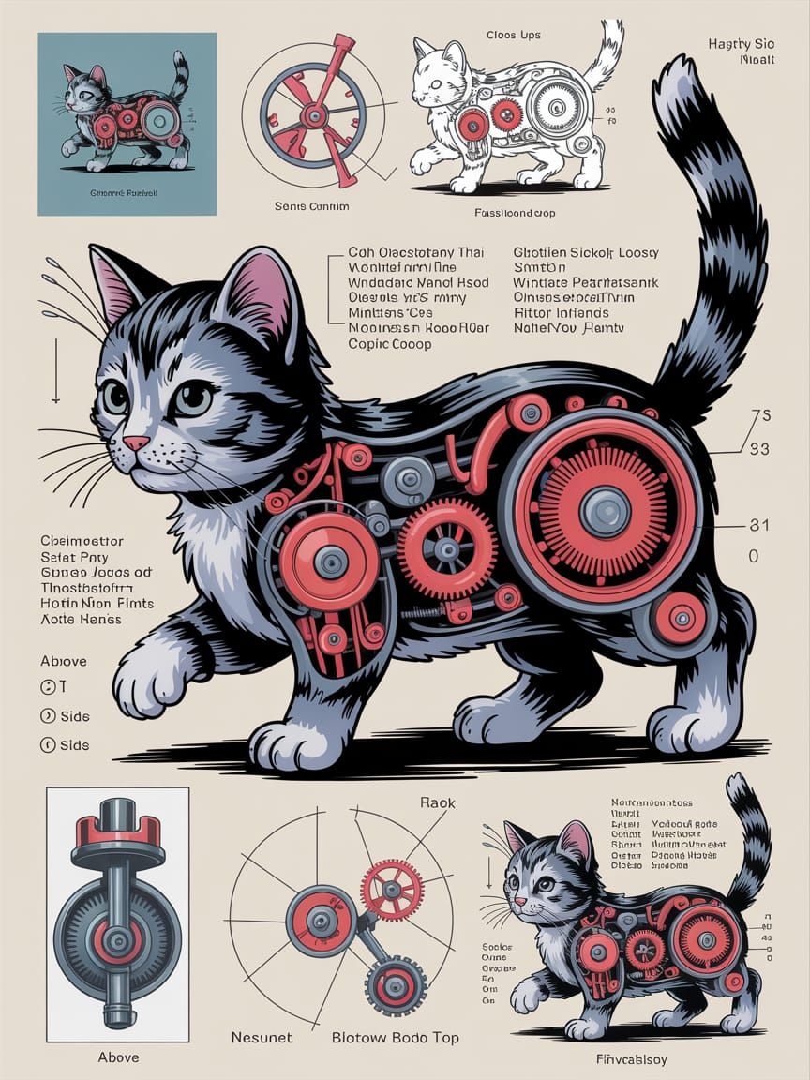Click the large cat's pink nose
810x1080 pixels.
[136, 442]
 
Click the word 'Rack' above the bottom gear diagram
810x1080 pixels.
[437, 802]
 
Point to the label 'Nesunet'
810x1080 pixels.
[262, 1038]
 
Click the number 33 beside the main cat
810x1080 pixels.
[759, 449]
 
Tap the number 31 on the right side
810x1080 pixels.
[759, 525]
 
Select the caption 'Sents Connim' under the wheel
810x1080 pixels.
[311, 205]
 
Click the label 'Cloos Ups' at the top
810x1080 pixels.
[513, 36]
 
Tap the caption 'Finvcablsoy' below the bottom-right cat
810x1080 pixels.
[637, 1058]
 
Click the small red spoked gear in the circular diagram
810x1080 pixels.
[392, 890]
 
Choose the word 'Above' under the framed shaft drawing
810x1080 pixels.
[118, 1057]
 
